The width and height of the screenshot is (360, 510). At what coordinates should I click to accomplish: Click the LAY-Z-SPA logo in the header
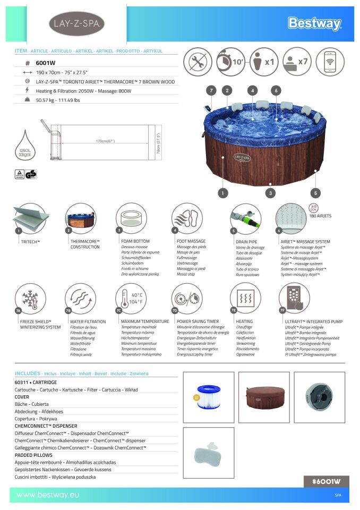coord(76,24)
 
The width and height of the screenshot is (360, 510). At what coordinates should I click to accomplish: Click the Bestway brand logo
coord(314,23)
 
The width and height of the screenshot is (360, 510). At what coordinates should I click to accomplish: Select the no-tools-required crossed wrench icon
coord(198,62)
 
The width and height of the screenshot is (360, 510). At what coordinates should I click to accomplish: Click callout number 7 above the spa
coord(211,91)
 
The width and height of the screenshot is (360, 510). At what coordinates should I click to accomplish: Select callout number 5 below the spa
coord(316,193)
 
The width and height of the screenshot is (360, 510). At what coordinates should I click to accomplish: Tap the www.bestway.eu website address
coord(48,495)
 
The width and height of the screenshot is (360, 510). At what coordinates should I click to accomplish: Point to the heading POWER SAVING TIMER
coord(198,321)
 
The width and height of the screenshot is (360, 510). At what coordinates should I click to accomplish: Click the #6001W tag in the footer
coord(326,481)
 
